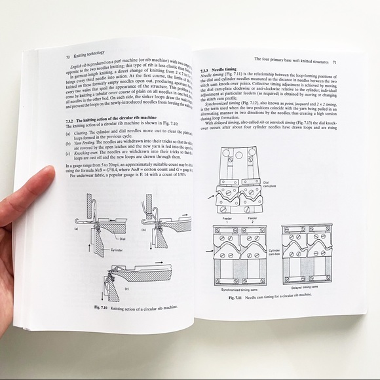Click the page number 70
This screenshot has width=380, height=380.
tap(67, 56)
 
